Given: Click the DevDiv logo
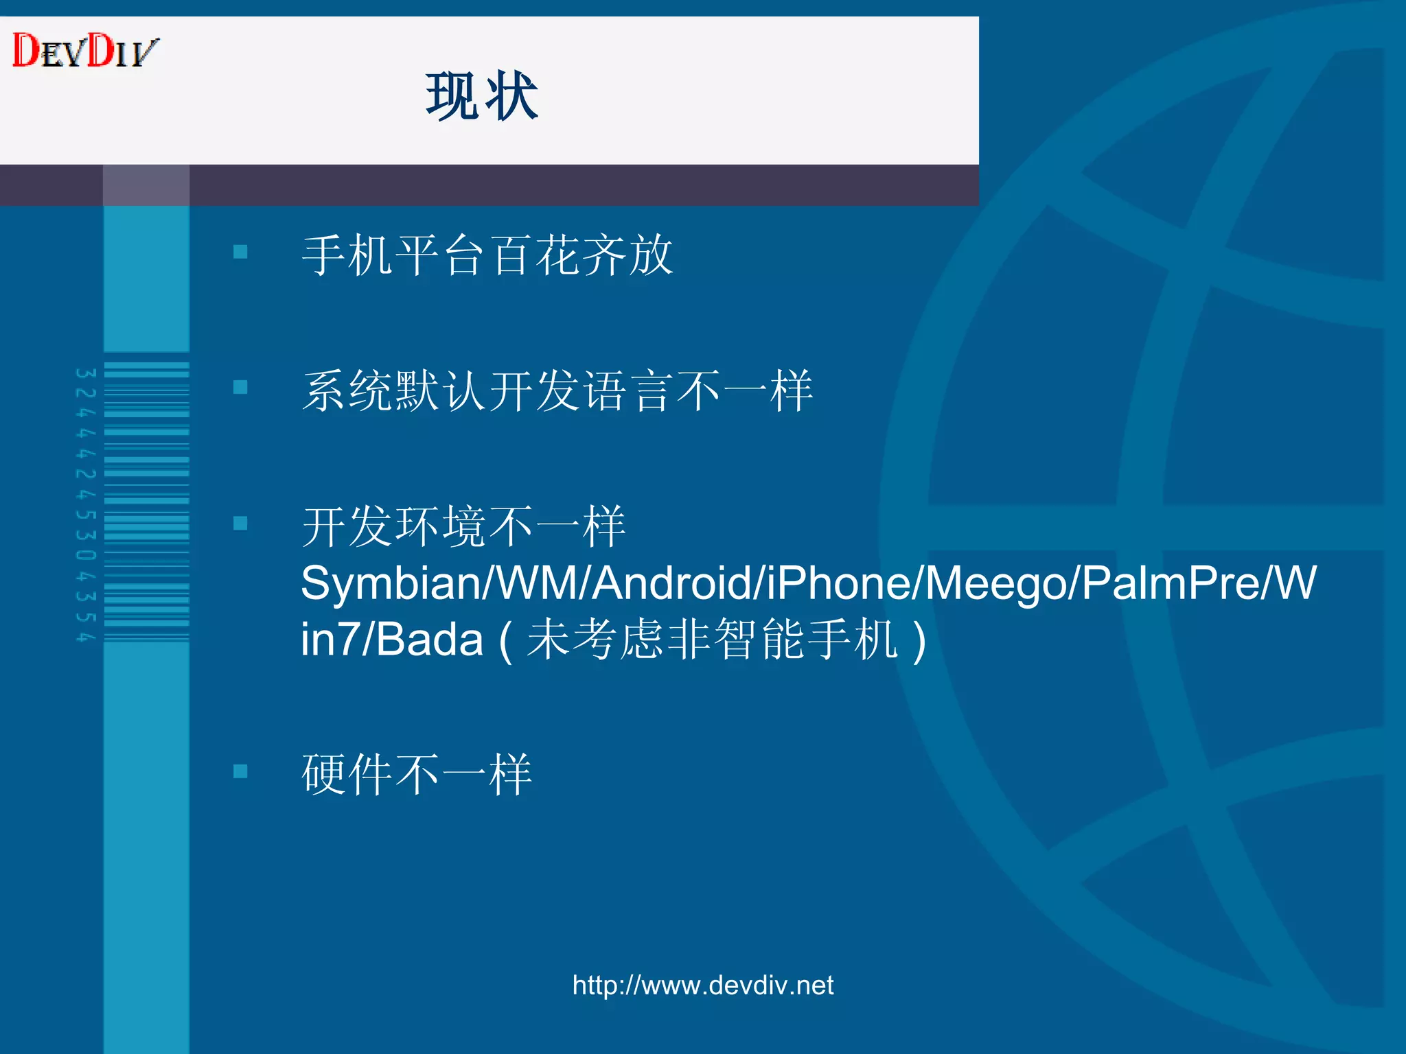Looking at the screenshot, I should pos(85,51).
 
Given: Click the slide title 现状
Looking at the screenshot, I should pos(481,97).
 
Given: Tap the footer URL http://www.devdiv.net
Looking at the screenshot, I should pos(702,985).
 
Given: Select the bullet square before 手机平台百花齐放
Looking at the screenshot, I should pos(240,252).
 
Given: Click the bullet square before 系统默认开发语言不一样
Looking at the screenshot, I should pos(240,388).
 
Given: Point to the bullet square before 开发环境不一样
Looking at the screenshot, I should pos(240,524).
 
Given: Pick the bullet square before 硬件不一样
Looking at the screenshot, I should pos(240,771).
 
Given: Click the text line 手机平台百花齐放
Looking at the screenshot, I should pos(487,255).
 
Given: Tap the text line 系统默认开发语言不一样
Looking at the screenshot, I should pos(557,390).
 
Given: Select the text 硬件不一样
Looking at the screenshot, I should pos(417,774).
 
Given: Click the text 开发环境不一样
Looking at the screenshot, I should pos(463,526).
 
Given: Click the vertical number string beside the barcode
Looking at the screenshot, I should pos(85,505).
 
